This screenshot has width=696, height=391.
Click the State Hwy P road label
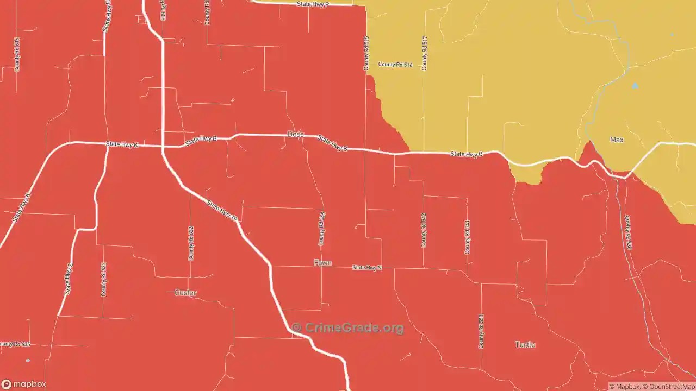313,4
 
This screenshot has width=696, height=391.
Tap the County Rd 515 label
366,53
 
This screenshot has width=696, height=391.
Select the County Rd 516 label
395,65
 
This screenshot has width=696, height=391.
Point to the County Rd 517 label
425,53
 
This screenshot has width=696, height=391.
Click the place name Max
617,140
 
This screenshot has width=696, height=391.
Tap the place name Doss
295,134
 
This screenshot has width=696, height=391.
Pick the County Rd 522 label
191,243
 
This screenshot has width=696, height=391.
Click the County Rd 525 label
322,229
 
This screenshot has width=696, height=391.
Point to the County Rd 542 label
424,230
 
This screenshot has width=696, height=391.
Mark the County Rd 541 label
467,237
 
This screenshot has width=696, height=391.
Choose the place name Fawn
322,263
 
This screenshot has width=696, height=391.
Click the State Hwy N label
367,268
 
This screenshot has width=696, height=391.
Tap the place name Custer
185,293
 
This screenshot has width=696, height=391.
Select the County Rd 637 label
103,279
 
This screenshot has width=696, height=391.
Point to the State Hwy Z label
69,279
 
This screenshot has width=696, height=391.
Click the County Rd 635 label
15,344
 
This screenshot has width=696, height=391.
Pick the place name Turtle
525,345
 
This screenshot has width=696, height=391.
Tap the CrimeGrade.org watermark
348,327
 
